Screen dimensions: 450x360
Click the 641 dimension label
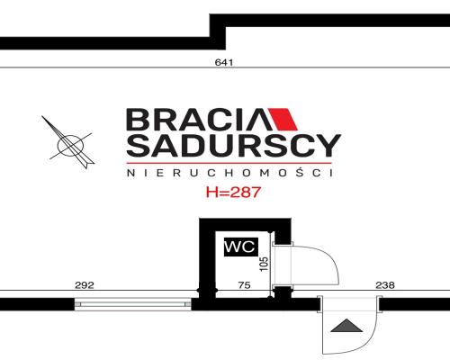(x=224, y=62)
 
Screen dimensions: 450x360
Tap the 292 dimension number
(x=85, y=285)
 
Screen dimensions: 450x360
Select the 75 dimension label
(x=244, y=285)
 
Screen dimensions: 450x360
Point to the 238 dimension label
(x=385, y=285)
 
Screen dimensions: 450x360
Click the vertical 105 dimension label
(x=264, y=264)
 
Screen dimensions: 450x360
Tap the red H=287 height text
(x=233, y=192)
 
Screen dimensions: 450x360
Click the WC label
(x=241, y=247)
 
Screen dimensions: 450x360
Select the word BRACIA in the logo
(x=196, y=120)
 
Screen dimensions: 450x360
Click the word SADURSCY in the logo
(x=233, y=146)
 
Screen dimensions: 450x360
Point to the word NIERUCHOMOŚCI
(x=230, y=173)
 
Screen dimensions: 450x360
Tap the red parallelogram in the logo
(x=283, y=119)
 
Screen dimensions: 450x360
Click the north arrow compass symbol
(x=68, y=142)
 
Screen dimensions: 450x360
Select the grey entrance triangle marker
(x=346, y=326)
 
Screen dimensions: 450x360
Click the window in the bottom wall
(x=132, y=304)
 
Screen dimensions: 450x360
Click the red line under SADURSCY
(x=229, y=163)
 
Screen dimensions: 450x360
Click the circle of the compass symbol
(x=70, y=146)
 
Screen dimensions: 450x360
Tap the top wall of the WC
(x=245, y=225)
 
